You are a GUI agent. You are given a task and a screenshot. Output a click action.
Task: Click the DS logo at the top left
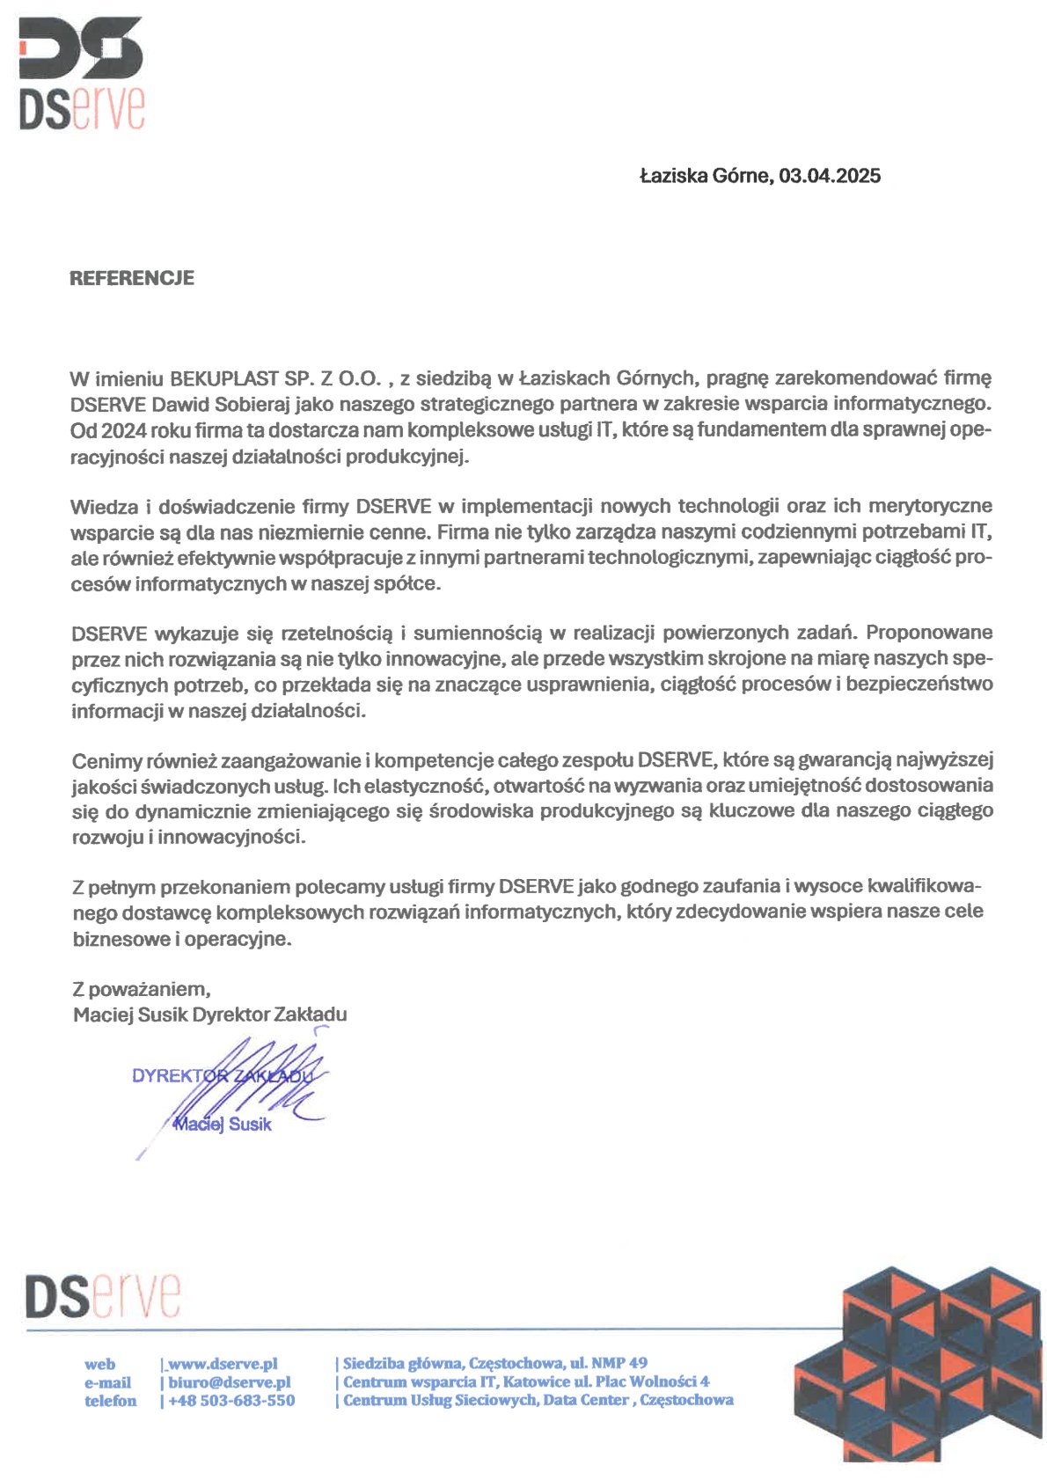(81, 75)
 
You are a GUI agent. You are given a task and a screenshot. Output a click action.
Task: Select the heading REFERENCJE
(132, 278)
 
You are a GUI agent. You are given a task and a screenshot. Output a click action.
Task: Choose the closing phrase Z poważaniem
(142, 989)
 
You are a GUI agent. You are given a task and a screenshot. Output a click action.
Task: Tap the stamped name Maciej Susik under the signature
(223, 1125)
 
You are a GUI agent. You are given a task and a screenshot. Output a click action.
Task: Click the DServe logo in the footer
(104, 1296)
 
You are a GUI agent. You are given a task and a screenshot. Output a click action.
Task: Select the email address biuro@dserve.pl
(230, 1382)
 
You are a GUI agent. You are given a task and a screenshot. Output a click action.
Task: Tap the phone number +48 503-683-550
(231, 1401)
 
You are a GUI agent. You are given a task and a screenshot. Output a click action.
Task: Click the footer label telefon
(111, 1401)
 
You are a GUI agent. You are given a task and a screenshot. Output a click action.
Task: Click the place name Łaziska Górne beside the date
(704, 176)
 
